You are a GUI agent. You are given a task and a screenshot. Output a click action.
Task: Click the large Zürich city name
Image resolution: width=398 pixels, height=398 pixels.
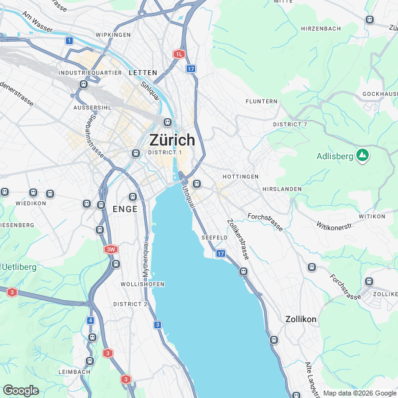[x=172, y=140]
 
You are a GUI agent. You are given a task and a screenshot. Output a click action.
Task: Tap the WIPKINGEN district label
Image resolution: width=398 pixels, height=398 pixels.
[x=113, y=35]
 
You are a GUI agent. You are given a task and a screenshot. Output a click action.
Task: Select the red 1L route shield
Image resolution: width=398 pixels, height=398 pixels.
[x=180, y=54]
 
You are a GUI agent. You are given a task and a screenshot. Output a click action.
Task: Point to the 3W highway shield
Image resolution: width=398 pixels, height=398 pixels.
[x=111, y=249]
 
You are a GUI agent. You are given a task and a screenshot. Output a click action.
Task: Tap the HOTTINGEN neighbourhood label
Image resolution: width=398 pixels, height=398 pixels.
[x=240, y=177]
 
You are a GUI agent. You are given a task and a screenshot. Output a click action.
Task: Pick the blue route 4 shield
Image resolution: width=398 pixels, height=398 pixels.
[x=91, y=320]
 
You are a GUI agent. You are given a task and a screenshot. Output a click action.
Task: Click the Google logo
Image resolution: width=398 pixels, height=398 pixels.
[x=21, y=391]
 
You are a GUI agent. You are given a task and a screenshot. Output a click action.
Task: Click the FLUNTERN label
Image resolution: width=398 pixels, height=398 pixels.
[x=261, y=101]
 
